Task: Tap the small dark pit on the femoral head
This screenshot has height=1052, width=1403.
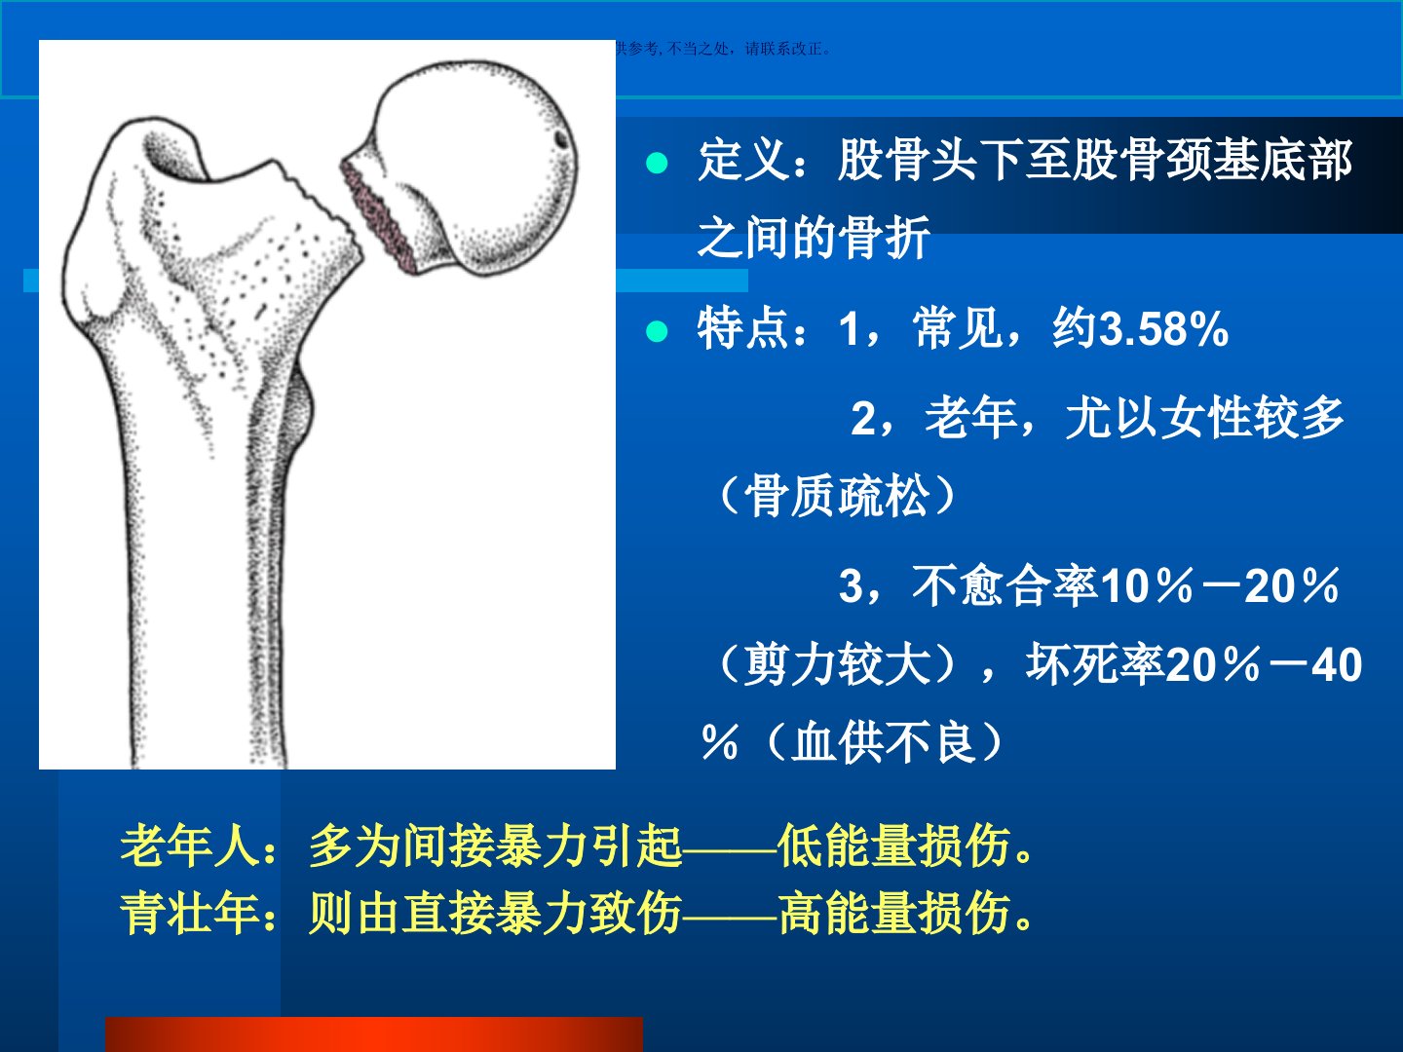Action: click(x=560, y=139)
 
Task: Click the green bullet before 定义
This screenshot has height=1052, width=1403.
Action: click(x=657, y=163)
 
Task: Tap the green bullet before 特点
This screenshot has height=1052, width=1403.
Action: click(x=657, y=331)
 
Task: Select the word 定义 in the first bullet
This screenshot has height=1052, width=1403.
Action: click(x=743, y=161)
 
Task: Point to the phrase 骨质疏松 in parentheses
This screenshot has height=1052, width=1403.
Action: click(x=837, y=496)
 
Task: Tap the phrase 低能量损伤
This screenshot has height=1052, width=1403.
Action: click(x=894, y=845)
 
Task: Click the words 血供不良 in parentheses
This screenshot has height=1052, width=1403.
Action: click(x=884, y=742)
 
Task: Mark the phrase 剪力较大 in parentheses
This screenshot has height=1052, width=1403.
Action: click(x=837, y=664)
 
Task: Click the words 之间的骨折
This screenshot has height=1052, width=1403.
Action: click(x=813, y=238)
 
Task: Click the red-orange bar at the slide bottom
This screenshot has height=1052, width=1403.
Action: click(x=374, y=1034)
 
